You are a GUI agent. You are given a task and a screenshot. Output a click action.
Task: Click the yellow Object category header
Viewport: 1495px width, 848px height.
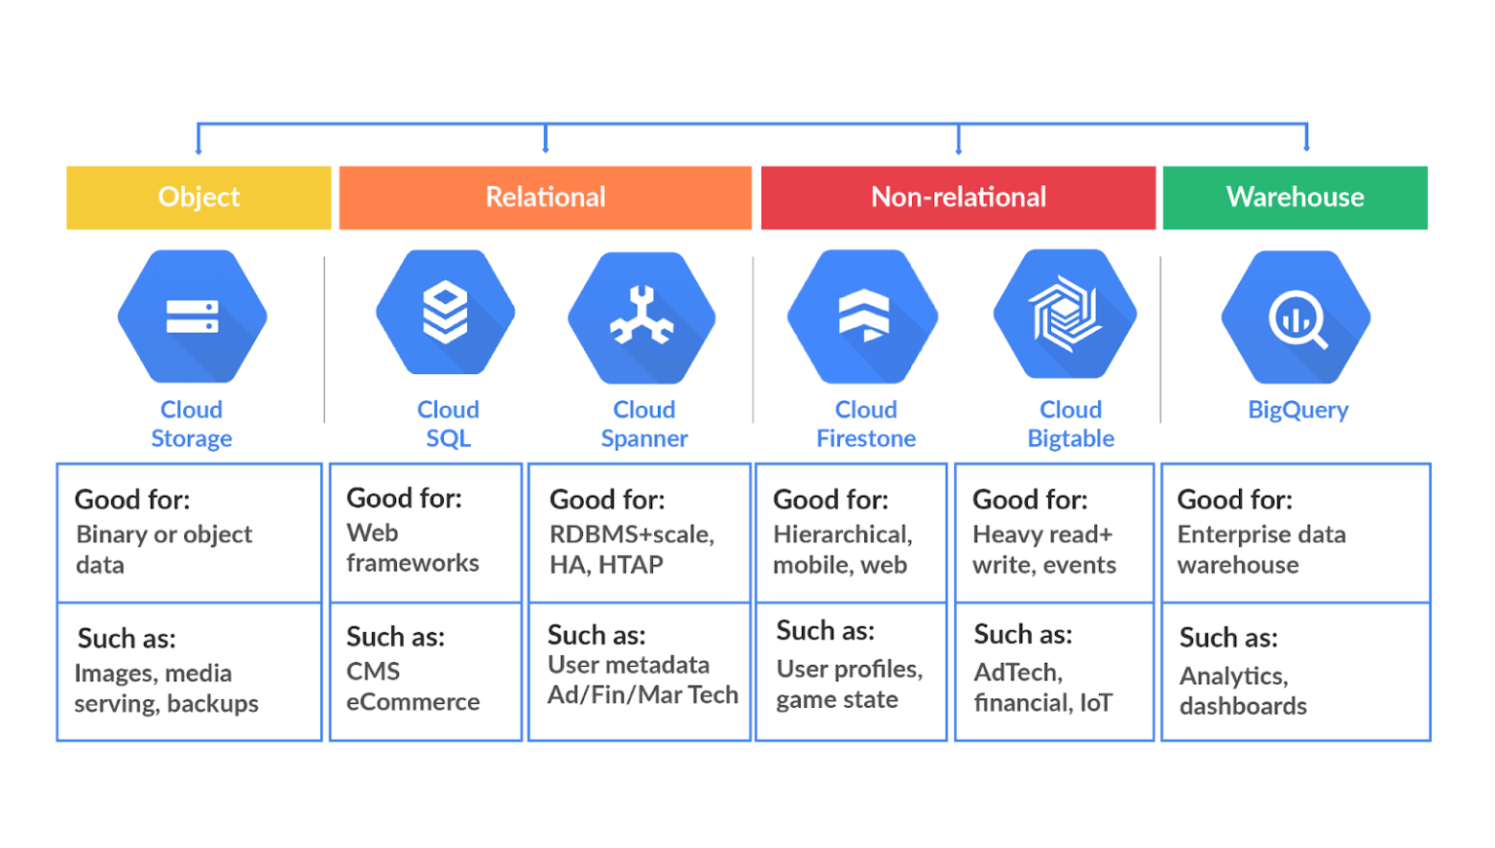click(x=199, y=198)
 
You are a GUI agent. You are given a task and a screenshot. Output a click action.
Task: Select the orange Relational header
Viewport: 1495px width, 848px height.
click(x=545, y=198)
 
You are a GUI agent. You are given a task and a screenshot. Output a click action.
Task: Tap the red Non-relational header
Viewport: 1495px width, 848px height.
click(x=958, y=198)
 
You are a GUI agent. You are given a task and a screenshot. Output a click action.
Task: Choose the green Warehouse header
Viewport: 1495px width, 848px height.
click(x=1294, y=198)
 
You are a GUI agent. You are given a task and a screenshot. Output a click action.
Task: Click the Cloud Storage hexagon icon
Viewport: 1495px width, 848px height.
click(x=192, y=316)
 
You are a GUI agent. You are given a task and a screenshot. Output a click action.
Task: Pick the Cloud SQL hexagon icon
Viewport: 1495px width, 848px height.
click(x=446, y=313)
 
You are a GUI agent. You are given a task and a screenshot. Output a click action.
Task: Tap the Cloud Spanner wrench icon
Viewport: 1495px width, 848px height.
click(x=641, y=317)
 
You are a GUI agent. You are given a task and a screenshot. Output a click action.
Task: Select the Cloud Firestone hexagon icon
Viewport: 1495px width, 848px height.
click(x=863, y=316)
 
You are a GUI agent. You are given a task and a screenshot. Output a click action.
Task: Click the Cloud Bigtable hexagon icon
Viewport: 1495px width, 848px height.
click(x=1065, y=313)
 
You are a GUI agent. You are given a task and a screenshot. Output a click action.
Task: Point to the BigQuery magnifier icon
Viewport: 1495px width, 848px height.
click(x=1296, y=317)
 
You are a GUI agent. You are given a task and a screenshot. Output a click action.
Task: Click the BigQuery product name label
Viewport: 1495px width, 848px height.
click(x=1297, y=410)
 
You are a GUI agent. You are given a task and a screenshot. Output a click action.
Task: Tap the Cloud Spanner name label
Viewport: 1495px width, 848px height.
click(x=643, y=424)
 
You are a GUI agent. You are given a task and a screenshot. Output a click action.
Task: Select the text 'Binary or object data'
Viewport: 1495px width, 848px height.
click(x=164, y=550)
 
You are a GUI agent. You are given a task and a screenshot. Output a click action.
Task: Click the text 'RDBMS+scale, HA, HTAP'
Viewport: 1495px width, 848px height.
click(x=632, y=550)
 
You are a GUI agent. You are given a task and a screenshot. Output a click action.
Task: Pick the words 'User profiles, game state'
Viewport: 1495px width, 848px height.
click(x=849, y=684)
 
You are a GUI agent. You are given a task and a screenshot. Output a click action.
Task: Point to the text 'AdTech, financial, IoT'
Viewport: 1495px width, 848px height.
click(x=1042, y=687)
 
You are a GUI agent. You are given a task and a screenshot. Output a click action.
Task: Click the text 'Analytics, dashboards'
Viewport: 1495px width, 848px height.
click(x=1242, y=691)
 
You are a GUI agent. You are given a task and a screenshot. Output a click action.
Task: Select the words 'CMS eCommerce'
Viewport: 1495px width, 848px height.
click(x=413, y=687)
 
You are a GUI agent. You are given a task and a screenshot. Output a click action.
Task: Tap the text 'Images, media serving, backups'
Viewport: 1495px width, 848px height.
click(x=165, y=688)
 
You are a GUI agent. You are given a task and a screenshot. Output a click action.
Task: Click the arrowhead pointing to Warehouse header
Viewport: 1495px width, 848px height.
click(x=1306, y=147)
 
